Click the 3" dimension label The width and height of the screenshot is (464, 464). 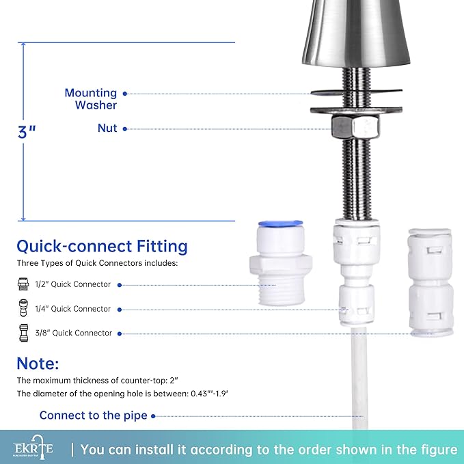click(x=26, y=131)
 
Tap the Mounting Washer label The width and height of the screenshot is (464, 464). click(x=90, y=99)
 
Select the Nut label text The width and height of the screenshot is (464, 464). click(x=107, y=128)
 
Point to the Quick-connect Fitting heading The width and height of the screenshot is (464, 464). click(x=102, y=246)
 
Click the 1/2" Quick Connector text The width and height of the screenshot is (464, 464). click(x=76, y=284)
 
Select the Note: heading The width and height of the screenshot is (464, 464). click(x=38, y=363)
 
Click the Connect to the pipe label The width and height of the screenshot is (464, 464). click(x=93, y=415)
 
